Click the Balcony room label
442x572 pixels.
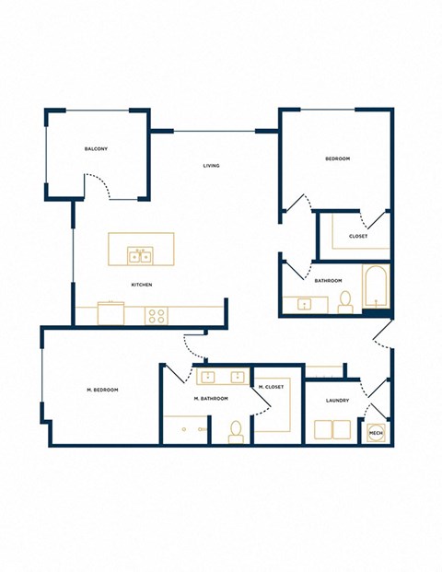pyautogui.click(x=96, y=149)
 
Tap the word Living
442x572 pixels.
pyautogui.click(x=211, y=166)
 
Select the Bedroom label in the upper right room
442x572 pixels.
pyautogui.click(x=337, y=159)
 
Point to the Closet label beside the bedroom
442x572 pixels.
pyautogui.click(x=358, y=236)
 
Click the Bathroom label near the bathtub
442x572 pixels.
pyautogui.click(x=328, y=280)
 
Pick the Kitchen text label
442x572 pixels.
pyautogui.click(x=141, y=284)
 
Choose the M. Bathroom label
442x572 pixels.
pyautogui.click(x=210, y=398)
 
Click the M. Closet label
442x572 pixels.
pyautogui.click(x=271, y=387)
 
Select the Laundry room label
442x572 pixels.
pyautogui.click(x=336, y=400)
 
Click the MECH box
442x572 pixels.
pyautogui.click(x=376, y=432)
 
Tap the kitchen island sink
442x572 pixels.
pyautogui.click(x=140, y=253)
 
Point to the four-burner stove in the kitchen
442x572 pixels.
pyautogui.click(x=157, y=315)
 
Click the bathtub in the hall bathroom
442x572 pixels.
pyautogui.click(x=376, y=286)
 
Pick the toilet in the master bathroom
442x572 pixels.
pyautogui.click(x=236, y=430)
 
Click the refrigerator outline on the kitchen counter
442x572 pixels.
pyautogui.click(x=110, y=313)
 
